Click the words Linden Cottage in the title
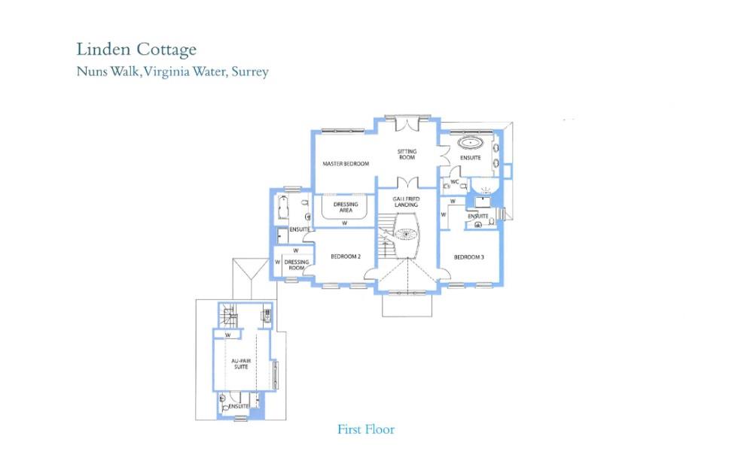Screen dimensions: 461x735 pos(136,50)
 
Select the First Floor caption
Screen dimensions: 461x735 pos(366,430)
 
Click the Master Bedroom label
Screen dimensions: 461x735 pos(346,163)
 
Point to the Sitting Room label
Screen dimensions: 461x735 pos(407,154)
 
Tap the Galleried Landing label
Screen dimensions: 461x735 pos(406,201)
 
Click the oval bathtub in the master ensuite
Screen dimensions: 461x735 pos(472,141)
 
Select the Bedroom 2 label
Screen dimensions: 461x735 pos(346,257)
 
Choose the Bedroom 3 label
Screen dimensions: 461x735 pos(468,257)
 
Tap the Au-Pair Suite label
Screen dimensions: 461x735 pos(241,365)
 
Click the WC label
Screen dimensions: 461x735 pos(454,183)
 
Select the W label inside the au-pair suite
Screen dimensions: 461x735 pos(227,335)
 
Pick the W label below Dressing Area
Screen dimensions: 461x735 pos(343,223)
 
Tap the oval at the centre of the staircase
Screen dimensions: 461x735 pos(406,234)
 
